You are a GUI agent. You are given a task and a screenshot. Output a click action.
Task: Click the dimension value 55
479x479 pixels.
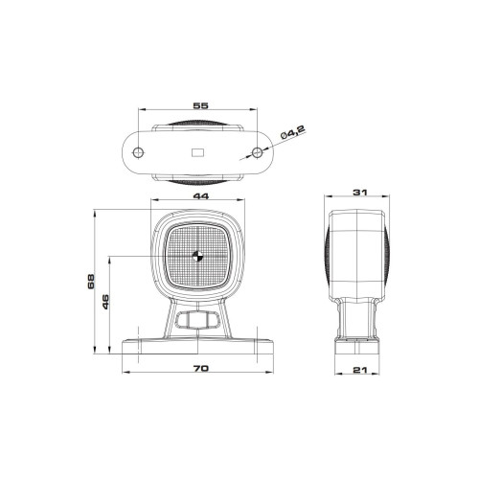coord(200,105)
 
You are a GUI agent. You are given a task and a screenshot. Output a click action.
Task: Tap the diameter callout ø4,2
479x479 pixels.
coord(293,132)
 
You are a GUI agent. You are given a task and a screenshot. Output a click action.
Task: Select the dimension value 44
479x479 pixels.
coord(201,195)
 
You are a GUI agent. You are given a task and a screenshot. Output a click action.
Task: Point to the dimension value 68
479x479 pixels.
coord(91,282)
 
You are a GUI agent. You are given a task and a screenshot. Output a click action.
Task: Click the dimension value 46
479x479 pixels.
coord(105,302)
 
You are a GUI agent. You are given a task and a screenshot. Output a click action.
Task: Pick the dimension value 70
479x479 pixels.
coord(201,368)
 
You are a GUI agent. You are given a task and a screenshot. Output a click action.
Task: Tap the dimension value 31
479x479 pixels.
coord(360,193)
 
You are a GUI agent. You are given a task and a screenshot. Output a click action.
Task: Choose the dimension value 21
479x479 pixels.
coord(360,370)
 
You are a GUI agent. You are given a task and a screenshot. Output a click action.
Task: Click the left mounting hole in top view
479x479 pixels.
coord(138,152)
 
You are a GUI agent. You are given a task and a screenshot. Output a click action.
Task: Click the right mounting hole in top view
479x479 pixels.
coord(257,152)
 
